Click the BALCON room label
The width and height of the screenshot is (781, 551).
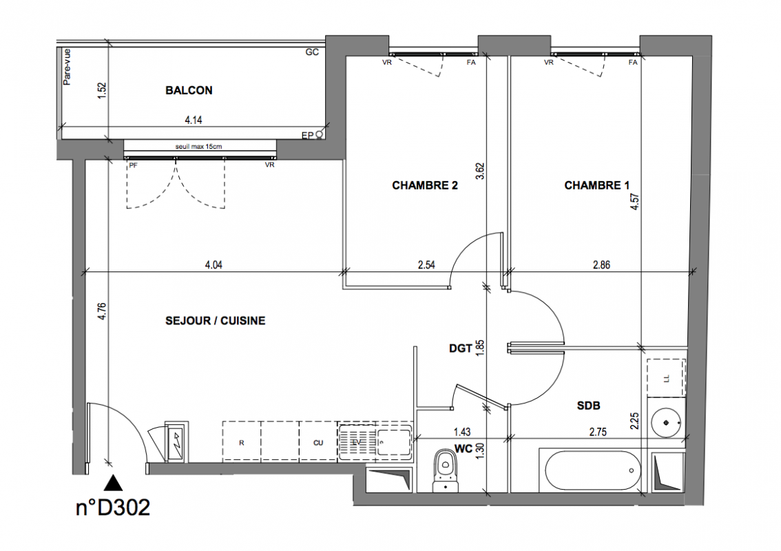point(189,90)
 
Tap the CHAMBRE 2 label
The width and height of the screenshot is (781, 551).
point(425,185)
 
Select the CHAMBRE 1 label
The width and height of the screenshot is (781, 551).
point(596,185)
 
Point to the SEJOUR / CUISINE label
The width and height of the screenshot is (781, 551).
point(215,320)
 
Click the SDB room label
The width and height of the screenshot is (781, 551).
point(588,406)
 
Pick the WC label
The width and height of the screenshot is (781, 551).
point(464,449)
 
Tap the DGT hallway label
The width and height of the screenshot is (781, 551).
point(460,349)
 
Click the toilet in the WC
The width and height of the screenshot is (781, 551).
point(446,470)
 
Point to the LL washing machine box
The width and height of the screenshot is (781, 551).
point(666,378)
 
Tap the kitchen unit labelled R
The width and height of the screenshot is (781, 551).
point(242,441)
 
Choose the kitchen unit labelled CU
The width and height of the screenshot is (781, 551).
point(318,441)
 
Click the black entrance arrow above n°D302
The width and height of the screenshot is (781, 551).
point(114,484)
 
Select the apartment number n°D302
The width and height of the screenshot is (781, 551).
point(113,508)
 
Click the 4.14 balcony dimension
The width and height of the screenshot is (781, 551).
point(194,120)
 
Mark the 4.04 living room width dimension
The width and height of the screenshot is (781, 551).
point(214,265)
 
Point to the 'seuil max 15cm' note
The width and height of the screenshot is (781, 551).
point(198,147)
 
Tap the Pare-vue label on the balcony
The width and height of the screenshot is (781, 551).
point(67,67)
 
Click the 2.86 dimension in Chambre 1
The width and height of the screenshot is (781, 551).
point(601,265)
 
